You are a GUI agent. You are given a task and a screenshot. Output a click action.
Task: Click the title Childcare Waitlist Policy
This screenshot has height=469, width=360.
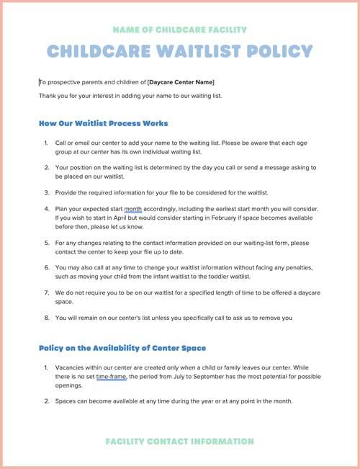pyautogui.click(x=180, y=51)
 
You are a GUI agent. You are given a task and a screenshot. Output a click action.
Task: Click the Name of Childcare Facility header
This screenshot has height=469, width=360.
pyautogui.click(x=180, y=30)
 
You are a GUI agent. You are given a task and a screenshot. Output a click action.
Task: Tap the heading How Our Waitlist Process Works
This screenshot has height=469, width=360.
pyautogui.click(x=103, y=123)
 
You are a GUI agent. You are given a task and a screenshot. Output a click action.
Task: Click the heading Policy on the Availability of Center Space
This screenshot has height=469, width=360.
pyautogui.click(x=122, y=348)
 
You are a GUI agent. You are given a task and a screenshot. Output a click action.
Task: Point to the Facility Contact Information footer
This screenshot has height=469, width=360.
pyautogui.click(x=180, y=441)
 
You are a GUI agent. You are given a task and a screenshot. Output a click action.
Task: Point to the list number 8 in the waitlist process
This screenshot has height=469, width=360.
pyautogui.click(x=46, y=318)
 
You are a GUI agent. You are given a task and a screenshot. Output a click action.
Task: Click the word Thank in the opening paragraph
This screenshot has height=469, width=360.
pyautogui.click(x=48, y=95)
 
